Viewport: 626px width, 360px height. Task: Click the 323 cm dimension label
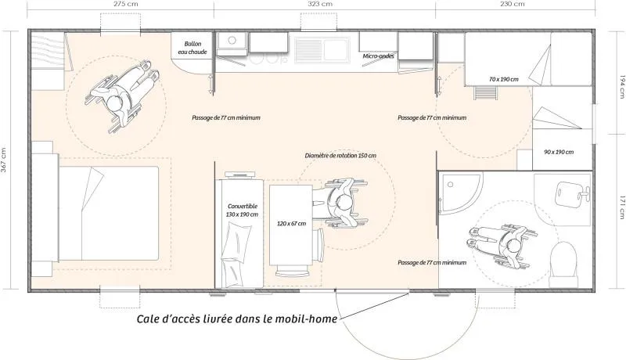click(321, 5)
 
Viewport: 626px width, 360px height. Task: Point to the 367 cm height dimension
click(5, 159)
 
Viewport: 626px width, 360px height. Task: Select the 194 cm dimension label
click(621, 85)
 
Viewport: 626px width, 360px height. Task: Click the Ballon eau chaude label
click(192, 48)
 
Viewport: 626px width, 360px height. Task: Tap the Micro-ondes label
click(377, 56)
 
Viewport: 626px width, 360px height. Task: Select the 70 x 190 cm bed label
click(502, 80)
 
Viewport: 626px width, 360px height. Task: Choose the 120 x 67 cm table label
click(291, 224)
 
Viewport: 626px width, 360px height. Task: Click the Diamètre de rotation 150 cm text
click(340, 156)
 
